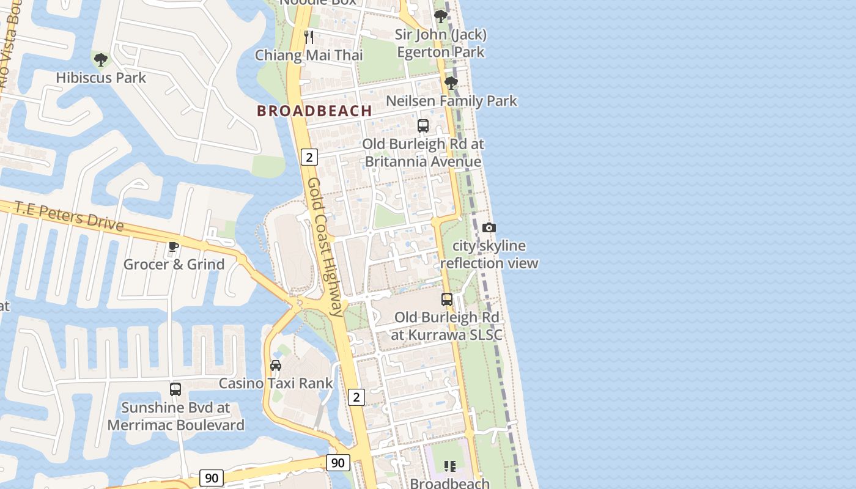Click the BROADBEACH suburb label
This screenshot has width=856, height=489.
click(314, 111)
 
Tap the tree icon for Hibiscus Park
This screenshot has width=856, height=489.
click(101, 60)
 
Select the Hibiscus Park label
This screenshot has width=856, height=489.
click(101, 78)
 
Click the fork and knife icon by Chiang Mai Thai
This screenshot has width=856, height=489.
click(309, 37)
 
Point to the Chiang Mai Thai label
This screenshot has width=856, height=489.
click(309, 55)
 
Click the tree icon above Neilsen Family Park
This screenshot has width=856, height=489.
click(451, 83)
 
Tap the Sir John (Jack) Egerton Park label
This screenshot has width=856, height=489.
click(440, 43)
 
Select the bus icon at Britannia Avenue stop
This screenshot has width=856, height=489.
click(422, 126)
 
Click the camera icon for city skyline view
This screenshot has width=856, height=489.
click(489, 227)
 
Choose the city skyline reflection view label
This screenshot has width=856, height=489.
click(489, 254)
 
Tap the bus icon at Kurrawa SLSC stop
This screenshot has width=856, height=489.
click(447, 300)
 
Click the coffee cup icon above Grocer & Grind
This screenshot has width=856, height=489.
click(174, 246)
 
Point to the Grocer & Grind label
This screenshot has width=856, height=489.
click(174, 264)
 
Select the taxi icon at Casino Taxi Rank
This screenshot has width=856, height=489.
click(276, 366)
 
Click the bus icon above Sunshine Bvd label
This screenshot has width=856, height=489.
click(175, 389)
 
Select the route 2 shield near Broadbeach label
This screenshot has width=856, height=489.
click(309, 157)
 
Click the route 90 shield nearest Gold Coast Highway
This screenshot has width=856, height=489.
click(338, 463)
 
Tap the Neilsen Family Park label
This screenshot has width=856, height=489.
click(452, 101)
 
